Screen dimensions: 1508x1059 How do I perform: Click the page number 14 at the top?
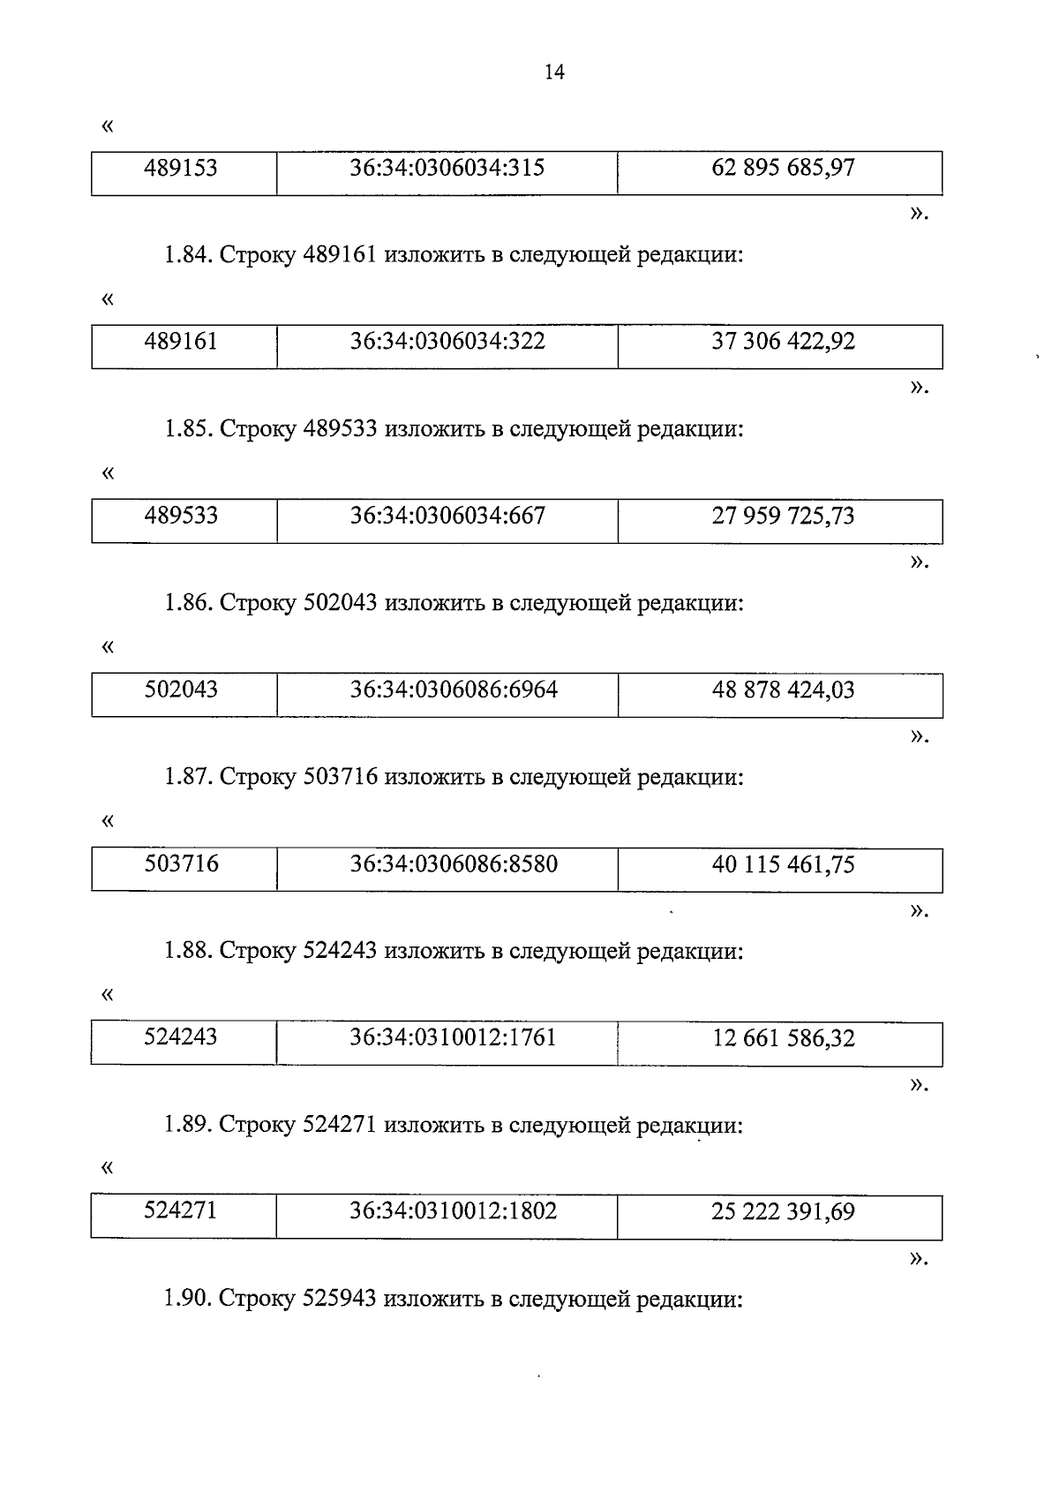click(554, 73)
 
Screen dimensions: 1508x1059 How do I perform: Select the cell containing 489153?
click(181, 168)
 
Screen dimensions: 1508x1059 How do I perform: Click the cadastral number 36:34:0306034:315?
click(447, 168)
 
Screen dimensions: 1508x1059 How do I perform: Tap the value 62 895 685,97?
click(783, 168)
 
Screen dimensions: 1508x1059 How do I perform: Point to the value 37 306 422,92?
click(783, 342)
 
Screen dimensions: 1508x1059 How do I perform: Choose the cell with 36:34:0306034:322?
click(447, 342)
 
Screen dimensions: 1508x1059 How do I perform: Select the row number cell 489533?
click(181, 516)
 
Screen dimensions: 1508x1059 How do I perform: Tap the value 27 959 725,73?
click(783, 516)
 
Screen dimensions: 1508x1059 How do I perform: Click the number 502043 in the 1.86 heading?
click(340, 604)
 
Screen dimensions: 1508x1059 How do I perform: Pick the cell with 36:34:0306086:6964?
click(454, 690)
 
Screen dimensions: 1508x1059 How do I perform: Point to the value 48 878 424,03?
click(783, 690)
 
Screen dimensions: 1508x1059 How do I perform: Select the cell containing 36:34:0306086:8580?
click(454, 863)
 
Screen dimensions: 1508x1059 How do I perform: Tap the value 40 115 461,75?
click(783, 864)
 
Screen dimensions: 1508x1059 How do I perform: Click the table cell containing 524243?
click(181, 1037)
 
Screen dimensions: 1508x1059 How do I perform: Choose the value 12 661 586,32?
click(783, 1038)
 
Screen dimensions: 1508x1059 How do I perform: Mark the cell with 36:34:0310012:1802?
click(454, 1211)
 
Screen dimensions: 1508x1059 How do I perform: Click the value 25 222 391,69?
click(783, 1212)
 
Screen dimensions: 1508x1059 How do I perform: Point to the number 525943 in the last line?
click(340, 1300)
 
